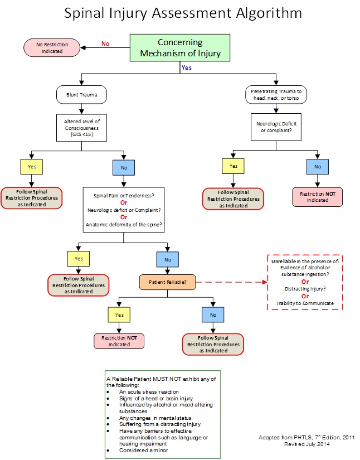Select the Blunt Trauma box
(81, 94)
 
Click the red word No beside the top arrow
(105, 43)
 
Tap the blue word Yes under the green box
(187, 67)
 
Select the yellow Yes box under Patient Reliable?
(118, 314)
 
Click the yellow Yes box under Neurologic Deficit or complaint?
(233, 166)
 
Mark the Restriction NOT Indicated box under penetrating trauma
(317, 196)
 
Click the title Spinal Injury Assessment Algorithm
(180, 14)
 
